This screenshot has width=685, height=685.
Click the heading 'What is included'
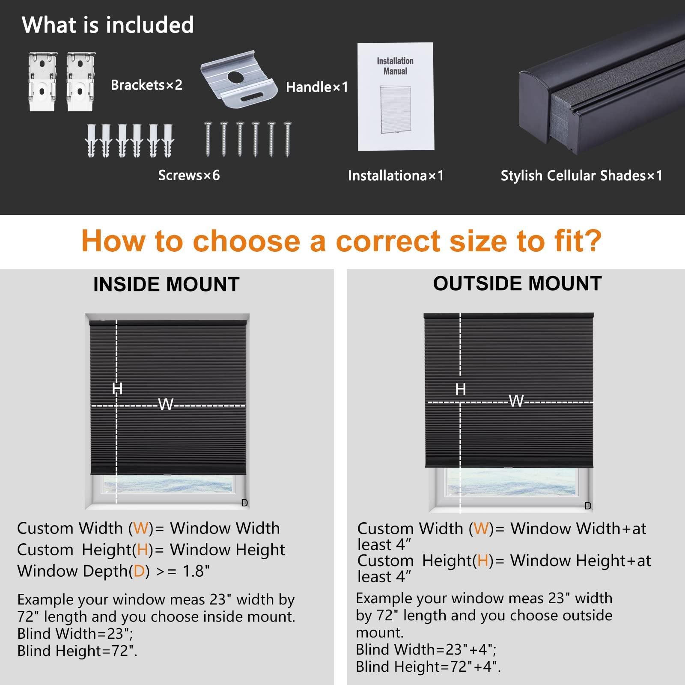pyautogui.click(x=108, y=25)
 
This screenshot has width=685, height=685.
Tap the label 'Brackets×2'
pyautogui.click(x=146, y=85)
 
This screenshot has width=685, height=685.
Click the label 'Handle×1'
pyautogui.click(x=317, y=87)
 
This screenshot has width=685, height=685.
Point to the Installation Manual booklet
pyautogui.click(x=396, y=96)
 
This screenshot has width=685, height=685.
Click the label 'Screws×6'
pyautogui.click(x=189, y=175)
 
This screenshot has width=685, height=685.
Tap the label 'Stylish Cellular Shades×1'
pyautogui.click(x=582, y=176)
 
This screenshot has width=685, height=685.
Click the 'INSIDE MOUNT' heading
pyautogui.click(x=166, y=284)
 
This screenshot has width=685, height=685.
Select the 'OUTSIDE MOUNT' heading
pyautogui.click(x=517, y=283)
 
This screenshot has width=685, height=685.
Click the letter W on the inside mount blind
pyautogui.click(x=166, y=404)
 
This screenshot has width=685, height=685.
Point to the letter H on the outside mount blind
pyautogui.click(x=461, y=389)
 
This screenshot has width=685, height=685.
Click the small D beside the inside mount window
pyautogui.click(x=244, y=503)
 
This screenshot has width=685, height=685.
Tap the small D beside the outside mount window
pyautogui.click(x=588, y=506)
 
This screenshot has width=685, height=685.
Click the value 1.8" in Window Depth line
pyautogui.click(x=196, y=571)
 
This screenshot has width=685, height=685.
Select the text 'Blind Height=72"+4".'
pyautogui.click(x=428, y=667)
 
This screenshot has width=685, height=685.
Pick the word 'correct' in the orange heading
pyautogui.click(x=388, y=241)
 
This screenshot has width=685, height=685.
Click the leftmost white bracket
pyautogui.click(x=43, y=81)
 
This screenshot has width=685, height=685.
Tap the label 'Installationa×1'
pyautogui.click(x=396, y=176)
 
